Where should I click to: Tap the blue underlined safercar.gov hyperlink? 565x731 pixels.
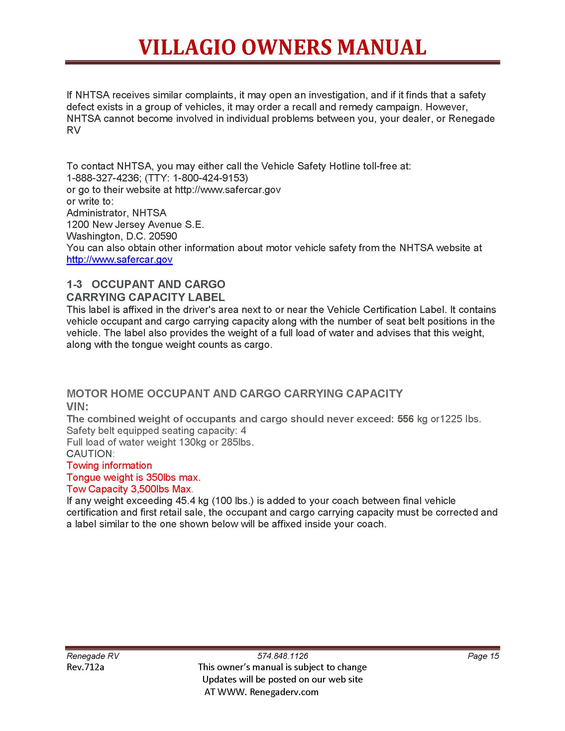coord(120,260)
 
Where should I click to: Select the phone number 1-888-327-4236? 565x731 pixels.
coord(102,178)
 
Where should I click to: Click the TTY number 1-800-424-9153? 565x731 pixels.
coord(208,178)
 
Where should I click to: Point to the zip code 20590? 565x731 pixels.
coord(163,236)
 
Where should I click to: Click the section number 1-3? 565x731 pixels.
coord(74,284)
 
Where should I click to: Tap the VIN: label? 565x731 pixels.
coord(77,407)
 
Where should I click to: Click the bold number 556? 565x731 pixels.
coord(405,419)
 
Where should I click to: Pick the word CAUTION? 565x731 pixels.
coord(90,454)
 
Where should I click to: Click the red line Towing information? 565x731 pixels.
coord(109,466)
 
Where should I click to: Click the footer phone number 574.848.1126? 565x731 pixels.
coord(282,656)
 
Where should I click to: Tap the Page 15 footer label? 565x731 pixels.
coord(483,656)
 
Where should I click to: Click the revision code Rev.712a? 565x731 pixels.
coord(85,667)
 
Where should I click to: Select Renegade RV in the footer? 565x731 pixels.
coord(93,656)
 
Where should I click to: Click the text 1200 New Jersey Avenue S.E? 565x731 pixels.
coord(135,225)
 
